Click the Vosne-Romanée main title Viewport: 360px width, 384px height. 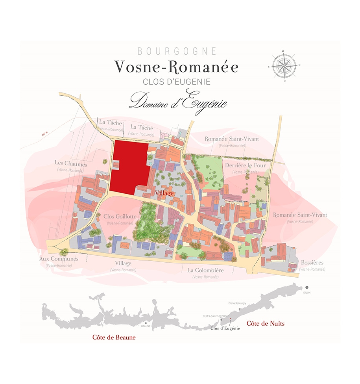pyautogui.click(x=176, y=67)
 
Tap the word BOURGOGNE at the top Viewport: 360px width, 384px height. pyautogui.click(x=177, y=51)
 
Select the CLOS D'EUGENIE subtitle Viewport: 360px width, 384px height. pyautogui.click(x=177, y=82)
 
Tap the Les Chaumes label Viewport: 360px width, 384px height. pyautogui.click(x=71, y=163)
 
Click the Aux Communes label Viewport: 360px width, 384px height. pyautogui.click(x=59, y=259)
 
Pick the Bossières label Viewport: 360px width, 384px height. pyautogui.click(x=312, y=262)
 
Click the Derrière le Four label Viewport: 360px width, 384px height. pyautogui.click(x=246, y=165)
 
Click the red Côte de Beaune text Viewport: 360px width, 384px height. pyautogui.click(x=114, y=338)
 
